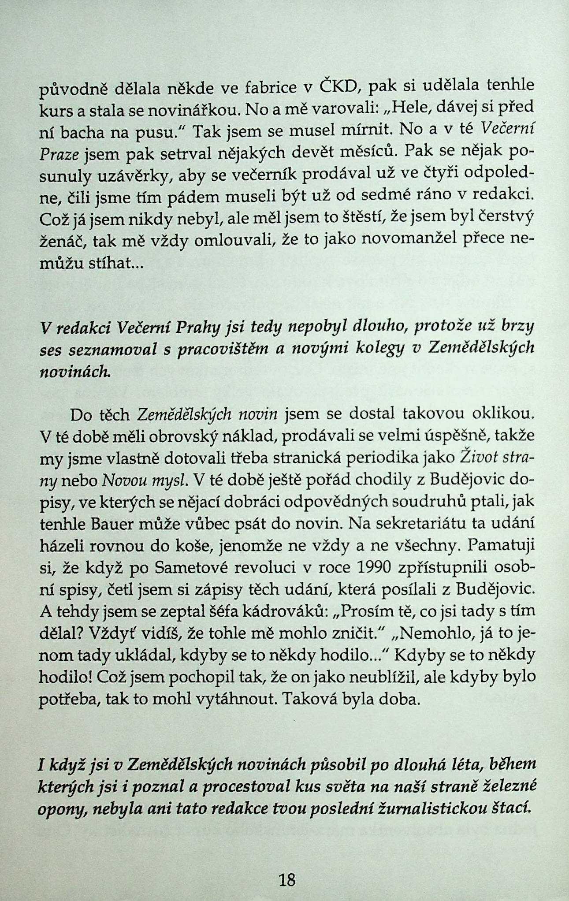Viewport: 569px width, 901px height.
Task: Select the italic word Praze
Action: pyautogui.click(x=59, y=155)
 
